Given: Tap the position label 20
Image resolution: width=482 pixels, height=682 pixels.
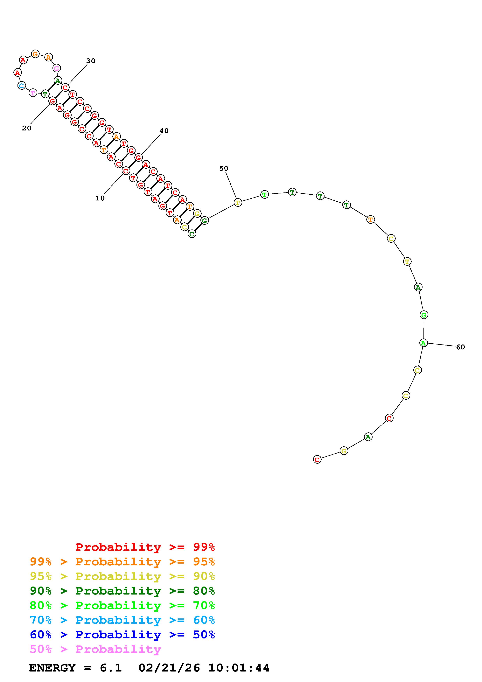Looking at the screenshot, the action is point(27,128).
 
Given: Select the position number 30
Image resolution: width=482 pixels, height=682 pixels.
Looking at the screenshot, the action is point(91,61).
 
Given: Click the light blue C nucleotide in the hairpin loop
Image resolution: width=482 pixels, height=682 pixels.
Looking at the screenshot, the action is point(21,86).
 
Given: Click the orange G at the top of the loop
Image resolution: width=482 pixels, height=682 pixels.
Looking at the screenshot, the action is point(35,54).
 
